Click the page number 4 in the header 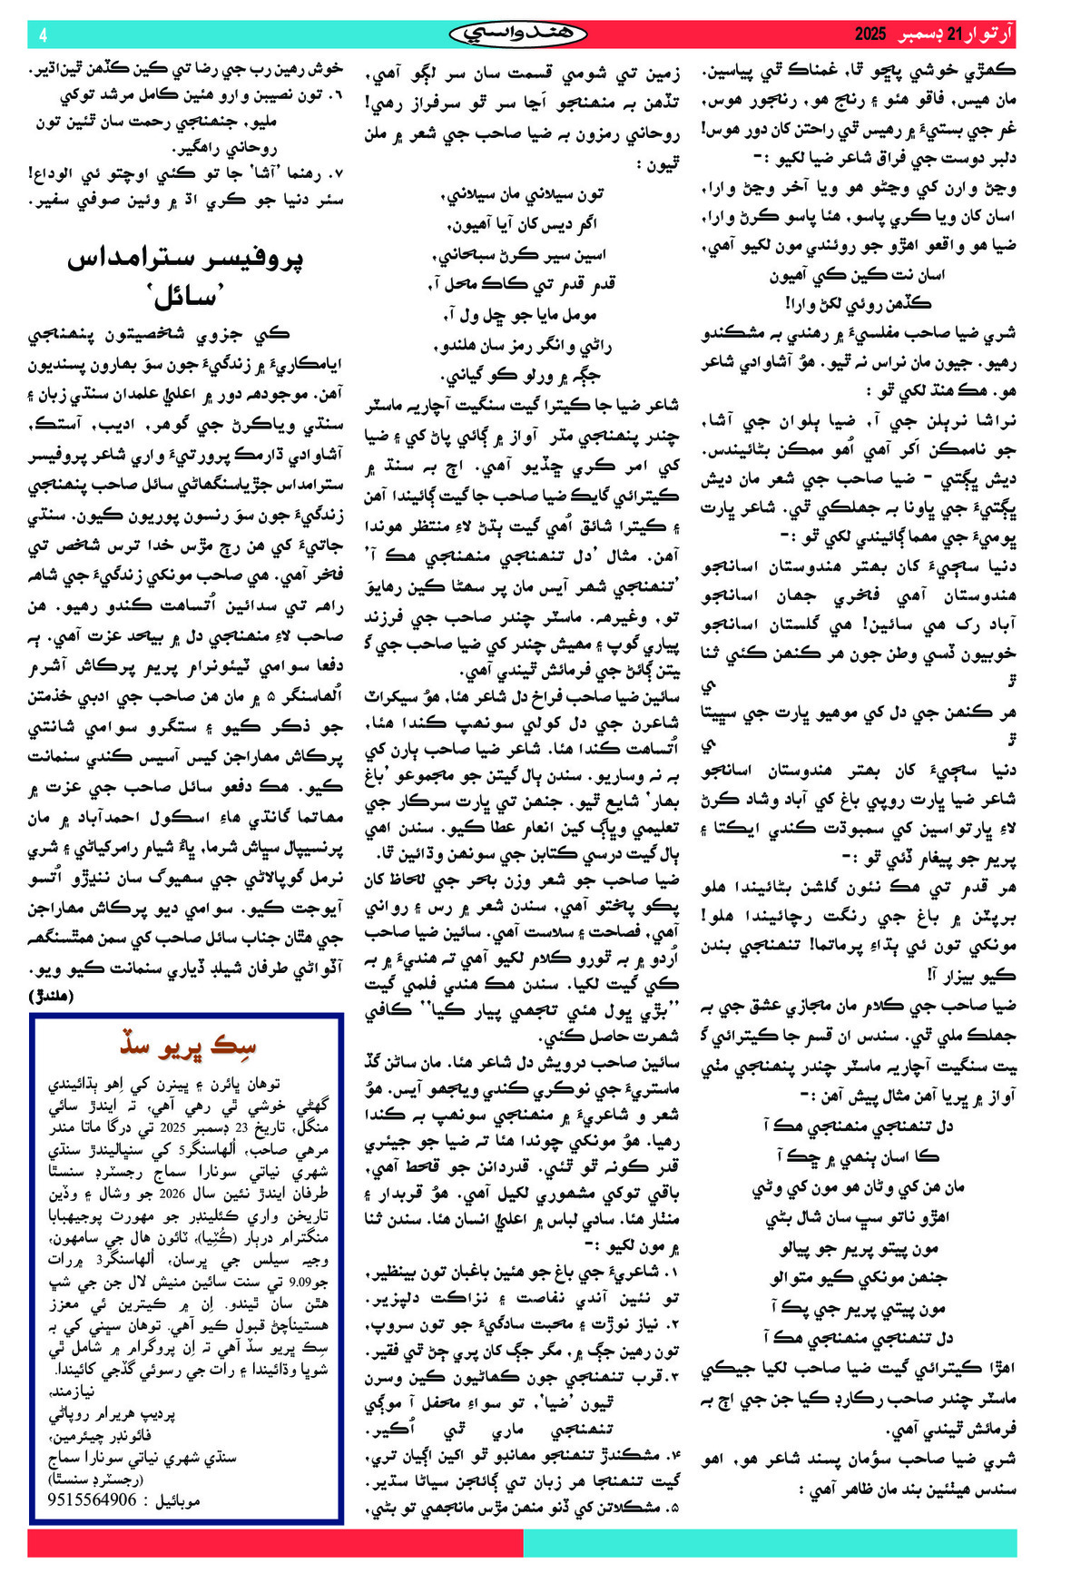(43, 35)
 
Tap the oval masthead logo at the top (518, 34)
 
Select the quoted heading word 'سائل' (186, 296)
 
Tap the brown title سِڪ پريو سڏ (188, 1046)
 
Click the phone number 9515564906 (93, 1500)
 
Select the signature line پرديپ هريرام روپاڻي (113, 1413)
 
